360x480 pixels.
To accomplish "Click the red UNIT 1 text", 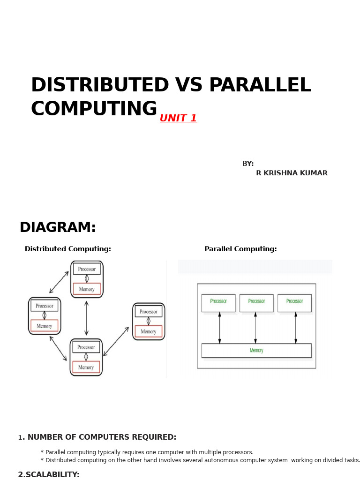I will click(x=178, y=119).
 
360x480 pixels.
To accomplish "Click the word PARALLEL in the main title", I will click(x=260, y=86).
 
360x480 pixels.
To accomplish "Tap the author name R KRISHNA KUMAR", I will click(x=292, y=173).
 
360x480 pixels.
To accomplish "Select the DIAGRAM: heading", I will click(x=58, y=228).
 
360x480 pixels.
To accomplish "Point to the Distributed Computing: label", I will click(x=68, y=249).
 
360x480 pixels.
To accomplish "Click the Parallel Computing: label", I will click(x=240, y=249).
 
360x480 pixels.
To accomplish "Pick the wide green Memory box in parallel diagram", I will click(x=256, y=351).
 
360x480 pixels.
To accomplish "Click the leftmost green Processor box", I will click(x=218, y=303).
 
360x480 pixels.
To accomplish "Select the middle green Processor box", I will click(x=256, y=303).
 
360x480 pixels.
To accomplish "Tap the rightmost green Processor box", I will click(x=294, y=303).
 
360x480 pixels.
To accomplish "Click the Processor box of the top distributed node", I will click(x=87, y=269).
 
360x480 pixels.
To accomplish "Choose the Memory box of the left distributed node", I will click(x=45, y=326).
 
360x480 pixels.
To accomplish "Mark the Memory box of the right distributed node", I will click(x=149, y=331).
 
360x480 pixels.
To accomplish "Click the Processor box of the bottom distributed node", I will click(x=86, y=347).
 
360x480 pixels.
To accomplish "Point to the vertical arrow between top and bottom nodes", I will click(x=86, y=318).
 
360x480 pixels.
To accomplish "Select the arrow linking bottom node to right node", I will click(x=116, y=341).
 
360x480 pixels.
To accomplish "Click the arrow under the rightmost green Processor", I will click(x=296, y=328).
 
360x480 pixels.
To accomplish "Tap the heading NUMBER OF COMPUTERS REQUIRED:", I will click(x=102, y=437).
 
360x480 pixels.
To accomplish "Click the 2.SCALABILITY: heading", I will click(x=49, y=475).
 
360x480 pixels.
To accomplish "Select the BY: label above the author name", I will click(x=248, y=164).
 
